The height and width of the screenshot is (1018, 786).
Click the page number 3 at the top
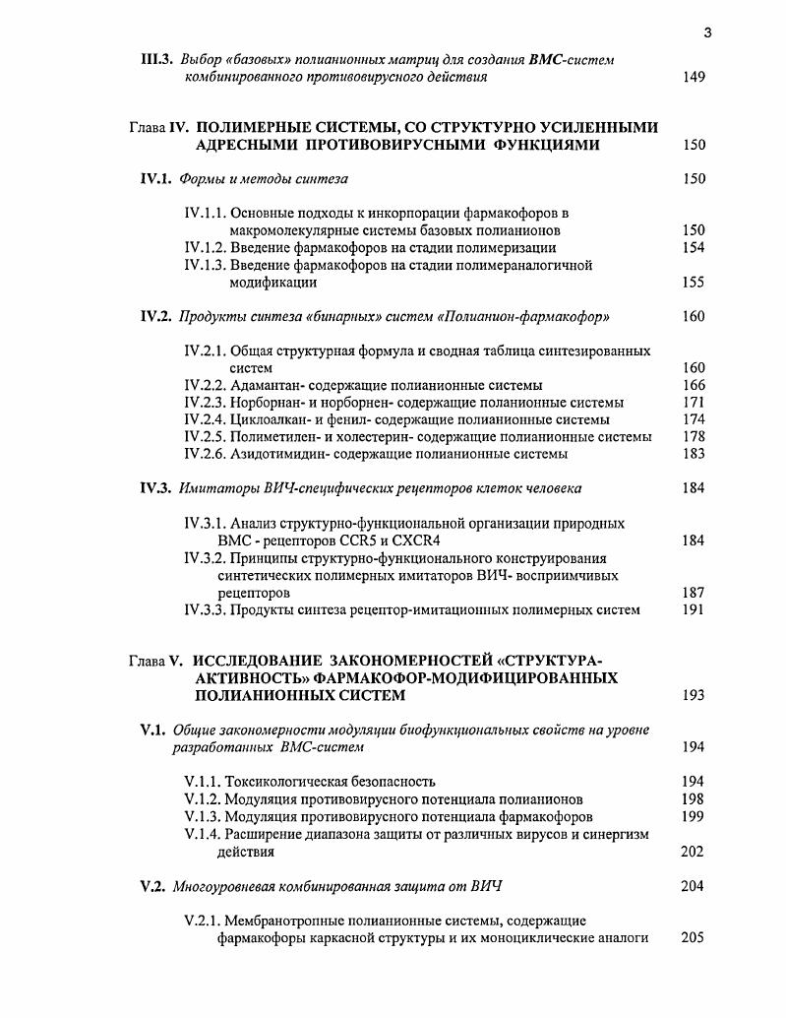point(707,33)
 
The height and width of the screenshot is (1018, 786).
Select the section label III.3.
point(157,60)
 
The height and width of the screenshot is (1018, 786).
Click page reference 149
point(693,77)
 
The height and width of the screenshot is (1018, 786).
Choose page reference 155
point(693,282)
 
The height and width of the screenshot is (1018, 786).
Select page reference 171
point(693,403)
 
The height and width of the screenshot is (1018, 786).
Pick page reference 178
point(693,436)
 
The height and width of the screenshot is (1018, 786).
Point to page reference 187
point(693,593)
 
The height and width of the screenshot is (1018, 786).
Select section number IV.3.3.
point(205,609)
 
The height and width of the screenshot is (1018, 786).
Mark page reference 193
point(693,695)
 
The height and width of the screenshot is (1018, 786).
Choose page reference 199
point(693,816)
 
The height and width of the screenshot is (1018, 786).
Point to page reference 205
point(693,937)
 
